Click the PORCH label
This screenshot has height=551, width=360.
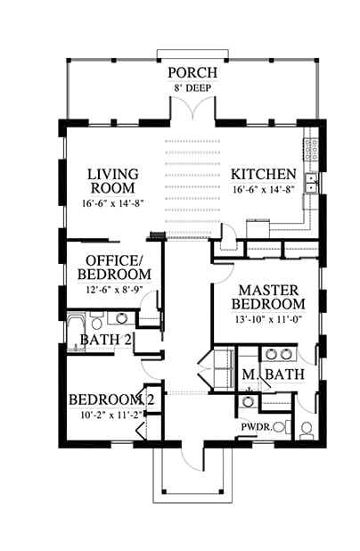tap(192, 73)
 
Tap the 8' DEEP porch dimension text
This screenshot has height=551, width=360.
tap(192, 88)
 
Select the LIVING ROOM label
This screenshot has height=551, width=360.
tap(113, 181)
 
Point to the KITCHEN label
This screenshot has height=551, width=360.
tap(264, 174)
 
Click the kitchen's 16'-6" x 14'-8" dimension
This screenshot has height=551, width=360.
tap(264, 190)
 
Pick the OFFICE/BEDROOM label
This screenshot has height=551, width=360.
tap(114, 267)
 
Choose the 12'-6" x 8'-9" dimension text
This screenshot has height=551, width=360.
tap(116, 290)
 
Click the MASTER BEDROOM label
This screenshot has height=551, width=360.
tap(268, 297)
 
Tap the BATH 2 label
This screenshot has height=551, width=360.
tap(106, 340)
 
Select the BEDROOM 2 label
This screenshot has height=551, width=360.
tap(111, 400)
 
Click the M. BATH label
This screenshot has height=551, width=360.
tap(274, 374)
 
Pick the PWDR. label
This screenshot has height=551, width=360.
tap(257, 427)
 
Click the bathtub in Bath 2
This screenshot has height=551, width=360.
tap(77, 332)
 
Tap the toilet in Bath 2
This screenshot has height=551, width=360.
tap(96, 320)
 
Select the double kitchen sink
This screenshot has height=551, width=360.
tap(311, 184)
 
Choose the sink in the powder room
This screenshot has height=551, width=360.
tap(248, 401)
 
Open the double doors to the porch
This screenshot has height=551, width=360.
tap(192, 108)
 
